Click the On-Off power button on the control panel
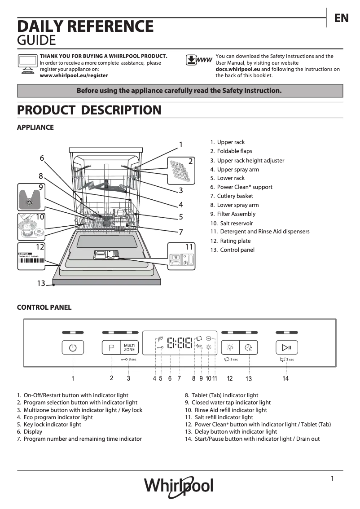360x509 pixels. tap(73, 347)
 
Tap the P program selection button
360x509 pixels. tap(111, 347)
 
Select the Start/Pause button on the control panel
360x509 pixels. tap(286, 347)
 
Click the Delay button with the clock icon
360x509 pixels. tap(248, 347)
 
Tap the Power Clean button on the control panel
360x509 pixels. tap(230, 347)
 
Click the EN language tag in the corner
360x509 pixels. tap(341, 18)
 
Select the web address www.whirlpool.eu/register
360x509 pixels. tap(74, 76)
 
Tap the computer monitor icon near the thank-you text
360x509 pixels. tap(27, 63)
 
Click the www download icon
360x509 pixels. tap(199, 60)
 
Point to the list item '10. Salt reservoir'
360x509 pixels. tap(232, 223)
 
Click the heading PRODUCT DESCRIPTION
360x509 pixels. tap(89, 110)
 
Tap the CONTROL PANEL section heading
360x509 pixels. tap(44, 307)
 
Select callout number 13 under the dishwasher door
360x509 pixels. tap(41, 283)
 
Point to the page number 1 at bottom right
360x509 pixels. tap(332, 478)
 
